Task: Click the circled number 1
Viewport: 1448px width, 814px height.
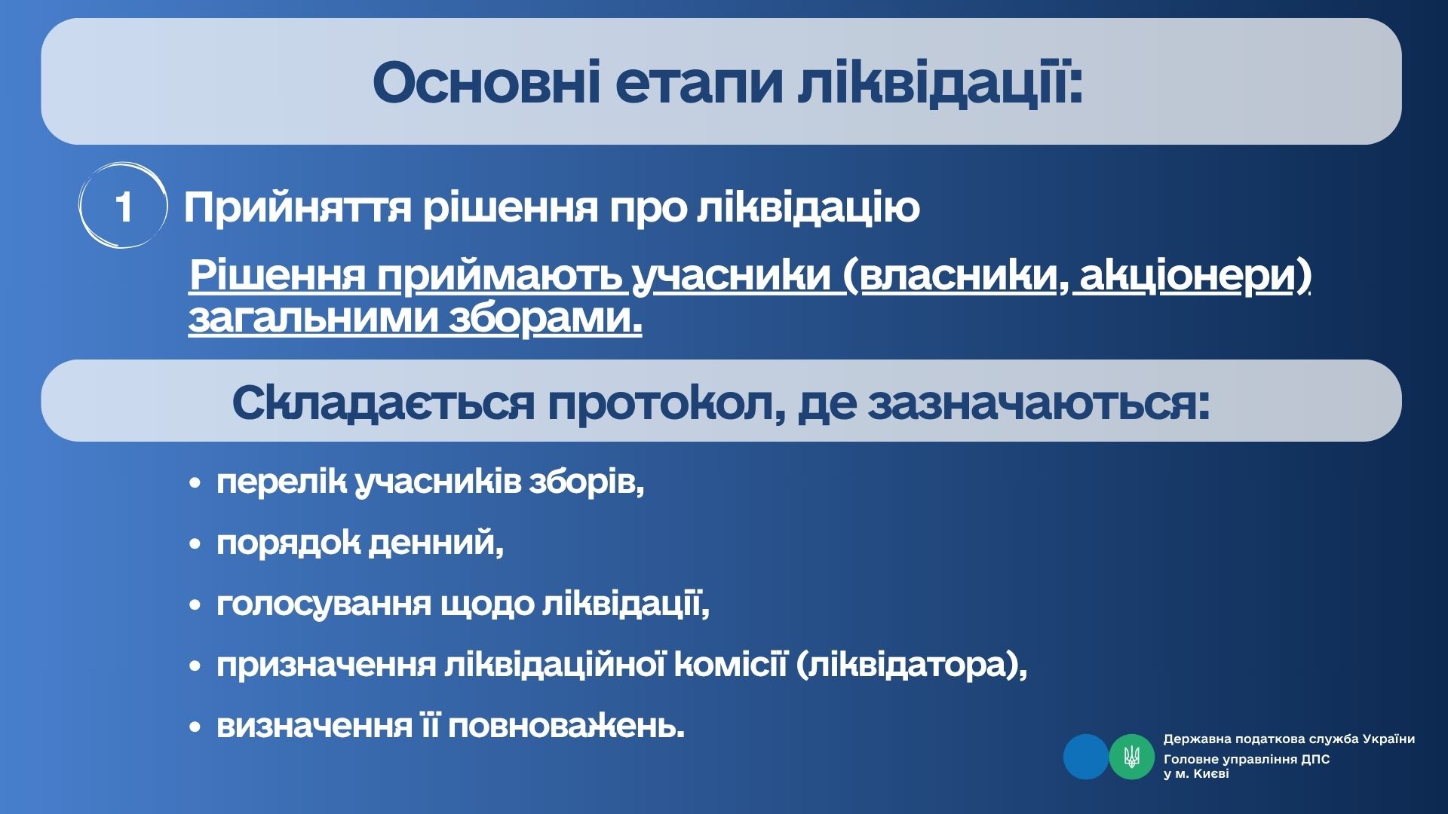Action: [x=124, y=206]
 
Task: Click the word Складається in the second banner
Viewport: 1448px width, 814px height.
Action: [x=383, y=403]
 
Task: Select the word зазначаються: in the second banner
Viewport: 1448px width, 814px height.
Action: [x=1039, y=403]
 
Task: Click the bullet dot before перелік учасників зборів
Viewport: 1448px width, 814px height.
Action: [x=196, y=483]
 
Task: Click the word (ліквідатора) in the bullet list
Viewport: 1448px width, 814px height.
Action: [x=911, y=666]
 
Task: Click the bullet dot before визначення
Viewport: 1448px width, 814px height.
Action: [x=196, y=727]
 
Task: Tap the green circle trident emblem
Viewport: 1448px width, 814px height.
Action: [x=1131, y=757]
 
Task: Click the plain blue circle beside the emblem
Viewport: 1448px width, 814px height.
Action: [x=1086, y=757]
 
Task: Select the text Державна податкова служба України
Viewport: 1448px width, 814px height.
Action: [x=1289, y=739]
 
